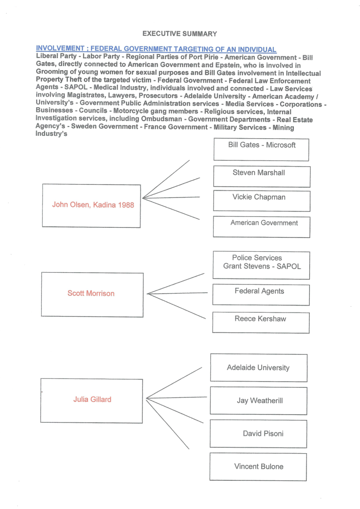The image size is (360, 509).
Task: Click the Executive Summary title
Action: pos(180,34)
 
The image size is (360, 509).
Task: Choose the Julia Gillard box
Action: pos(92,400)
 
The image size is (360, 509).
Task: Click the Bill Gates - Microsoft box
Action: pos(261,149)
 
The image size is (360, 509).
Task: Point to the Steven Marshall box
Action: pos(262,176)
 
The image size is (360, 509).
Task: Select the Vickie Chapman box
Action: pos(262,201)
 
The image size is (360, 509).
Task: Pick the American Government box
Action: pos(262,226)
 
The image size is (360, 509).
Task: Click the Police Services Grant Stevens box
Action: pos(261,265)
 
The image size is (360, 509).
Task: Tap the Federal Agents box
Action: pos(261,294)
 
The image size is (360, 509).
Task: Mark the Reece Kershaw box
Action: pos(261,323)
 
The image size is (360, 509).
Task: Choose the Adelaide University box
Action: pos(258,368)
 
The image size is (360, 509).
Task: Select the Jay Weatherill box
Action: pos(258,401)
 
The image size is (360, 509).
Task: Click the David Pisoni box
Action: pos(258,434)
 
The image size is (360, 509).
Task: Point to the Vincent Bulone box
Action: pos(258,466)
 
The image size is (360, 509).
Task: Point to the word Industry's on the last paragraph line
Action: pos(52,134)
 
